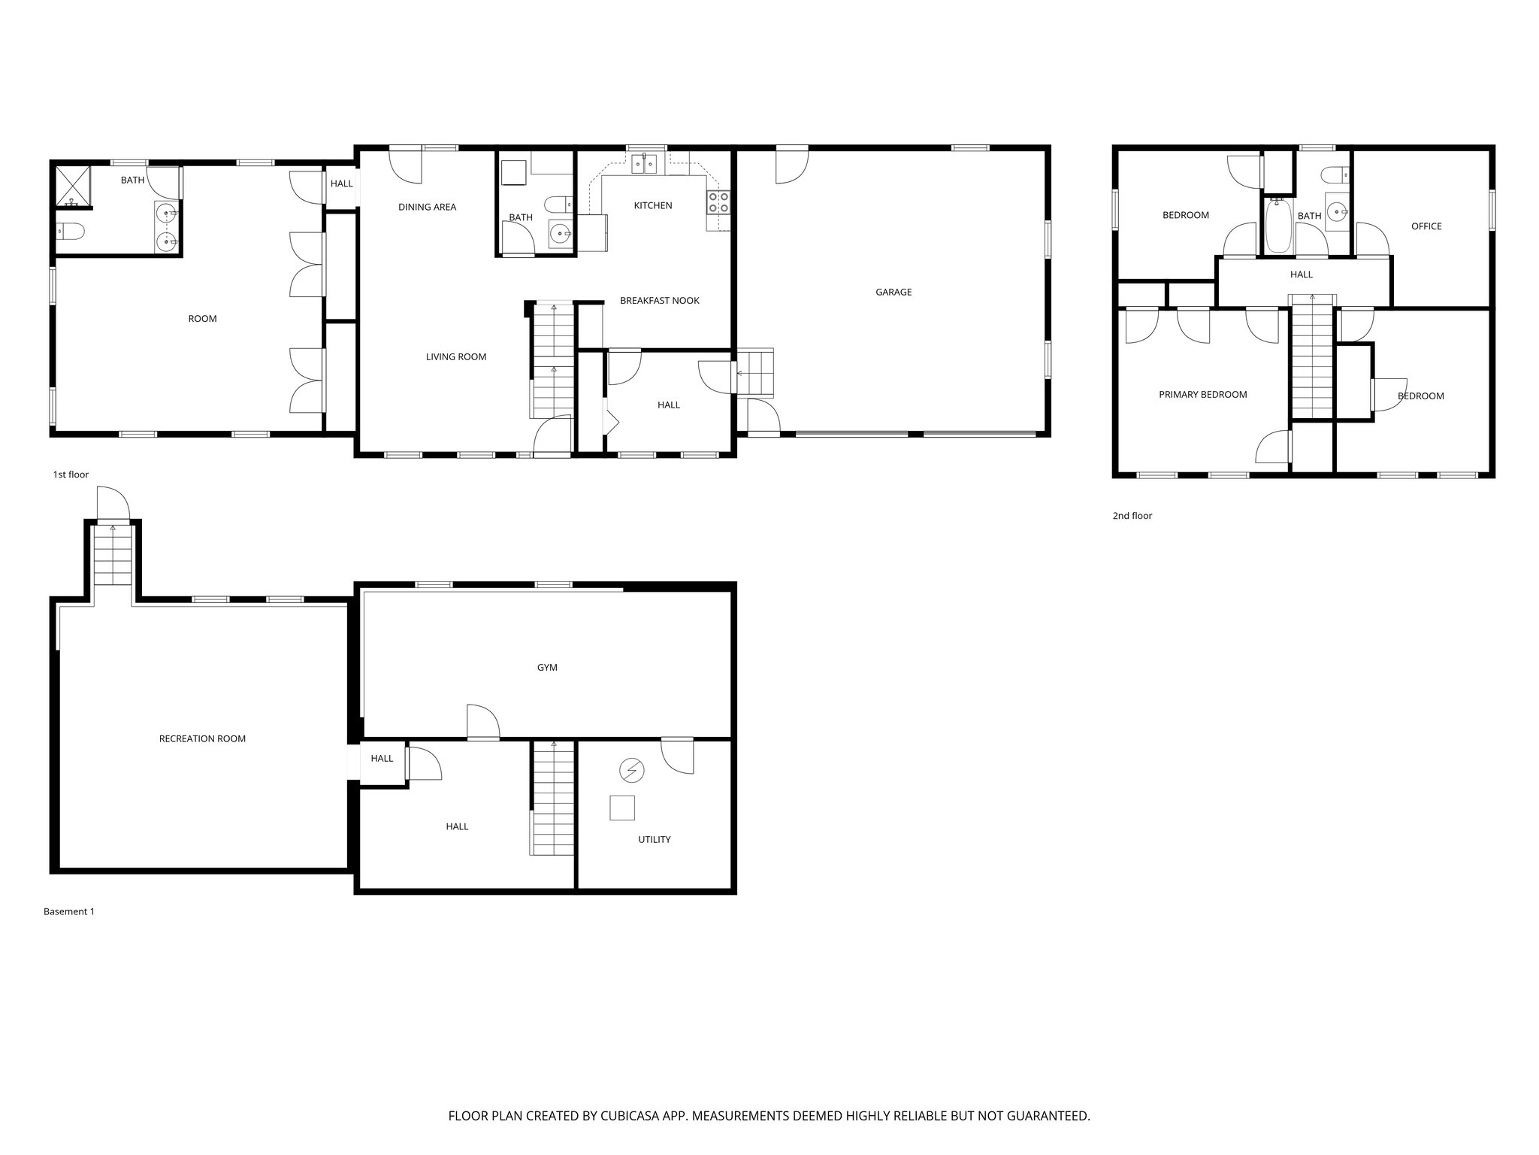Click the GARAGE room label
pos(893,292)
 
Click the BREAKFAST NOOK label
pos(659,301)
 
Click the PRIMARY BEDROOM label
pos(1202,395)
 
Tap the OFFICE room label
pos(1426,226)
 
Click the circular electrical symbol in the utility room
pos(631,770)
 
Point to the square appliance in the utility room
pos(621,808)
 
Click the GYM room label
pos(547,668)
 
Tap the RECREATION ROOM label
pos(202,739)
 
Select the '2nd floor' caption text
pos(1132,516)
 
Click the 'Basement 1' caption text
pos(69,912)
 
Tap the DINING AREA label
pos(427,208)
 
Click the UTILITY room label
pos(654,840)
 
